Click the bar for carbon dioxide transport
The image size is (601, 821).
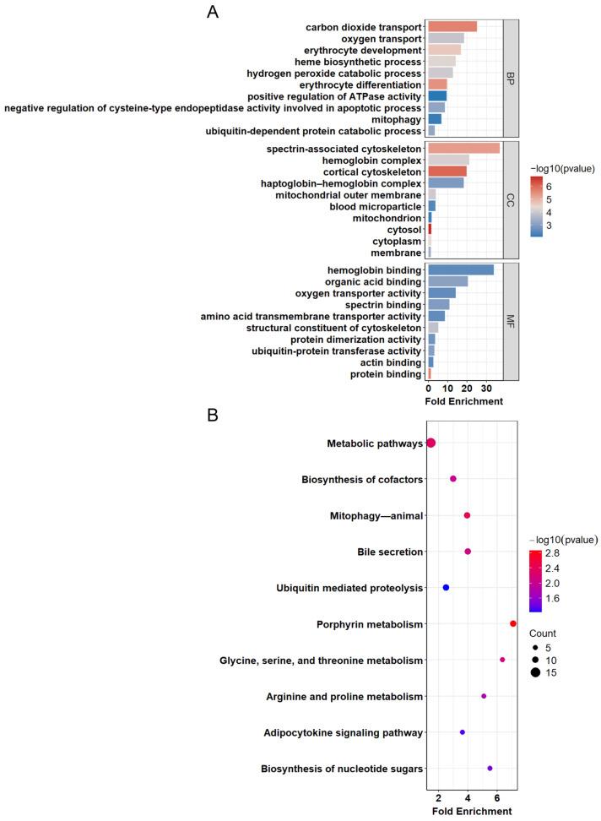[452, 27]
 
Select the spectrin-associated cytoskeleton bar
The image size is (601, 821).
[463, 148]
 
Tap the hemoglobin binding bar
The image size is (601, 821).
[461, 269]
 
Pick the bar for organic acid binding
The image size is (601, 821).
[448, 281]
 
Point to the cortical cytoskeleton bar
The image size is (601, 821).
[447, 171]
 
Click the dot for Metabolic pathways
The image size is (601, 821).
[431, 443]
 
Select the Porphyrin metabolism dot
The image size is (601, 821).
[512, 623]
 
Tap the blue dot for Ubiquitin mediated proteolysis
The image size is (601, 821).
[446, 587]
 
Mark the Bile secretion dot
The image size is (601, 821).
[468, 552]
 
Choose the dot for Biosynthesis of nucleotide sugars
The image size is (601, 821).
[490, 768]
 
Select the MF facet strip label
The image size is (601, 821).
[510, 321]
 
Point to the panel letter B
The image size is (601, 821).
[215, 416]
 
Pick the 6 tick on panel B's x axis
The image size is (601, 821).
[497, 798]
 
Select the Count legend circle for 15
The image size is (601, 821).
[534, 672]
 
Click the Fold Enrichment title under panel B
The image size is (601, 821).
[473, 811]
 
